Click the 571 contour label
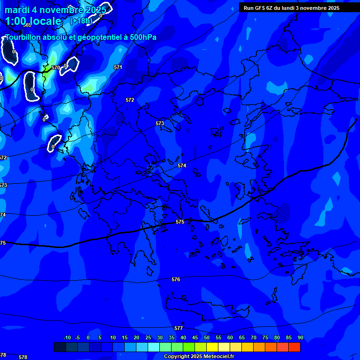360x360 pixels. (118, 67)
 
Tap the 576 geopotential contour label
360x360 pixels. (176, 279)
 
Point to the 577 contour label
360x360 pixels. (179, 329)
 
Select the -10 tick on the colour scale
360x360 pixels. (67, 338)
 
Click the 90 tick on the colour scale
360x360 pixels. (300, 338)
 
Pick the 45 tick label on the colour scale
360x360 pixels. (195, 338)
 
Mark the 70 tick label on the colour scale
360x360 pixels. (254, 338)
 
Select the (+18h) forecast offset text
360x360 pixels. (81, 21)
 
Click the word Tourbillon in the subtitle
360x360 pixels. (23, 37)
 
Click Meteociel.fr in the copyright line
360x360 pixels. (219, 357)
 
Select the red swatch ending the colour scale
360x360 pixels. (294, 347)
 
